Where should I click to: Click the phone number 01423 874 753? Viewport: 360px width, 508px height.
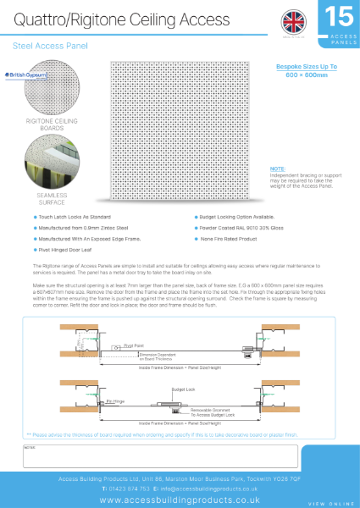coord(132,489)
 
